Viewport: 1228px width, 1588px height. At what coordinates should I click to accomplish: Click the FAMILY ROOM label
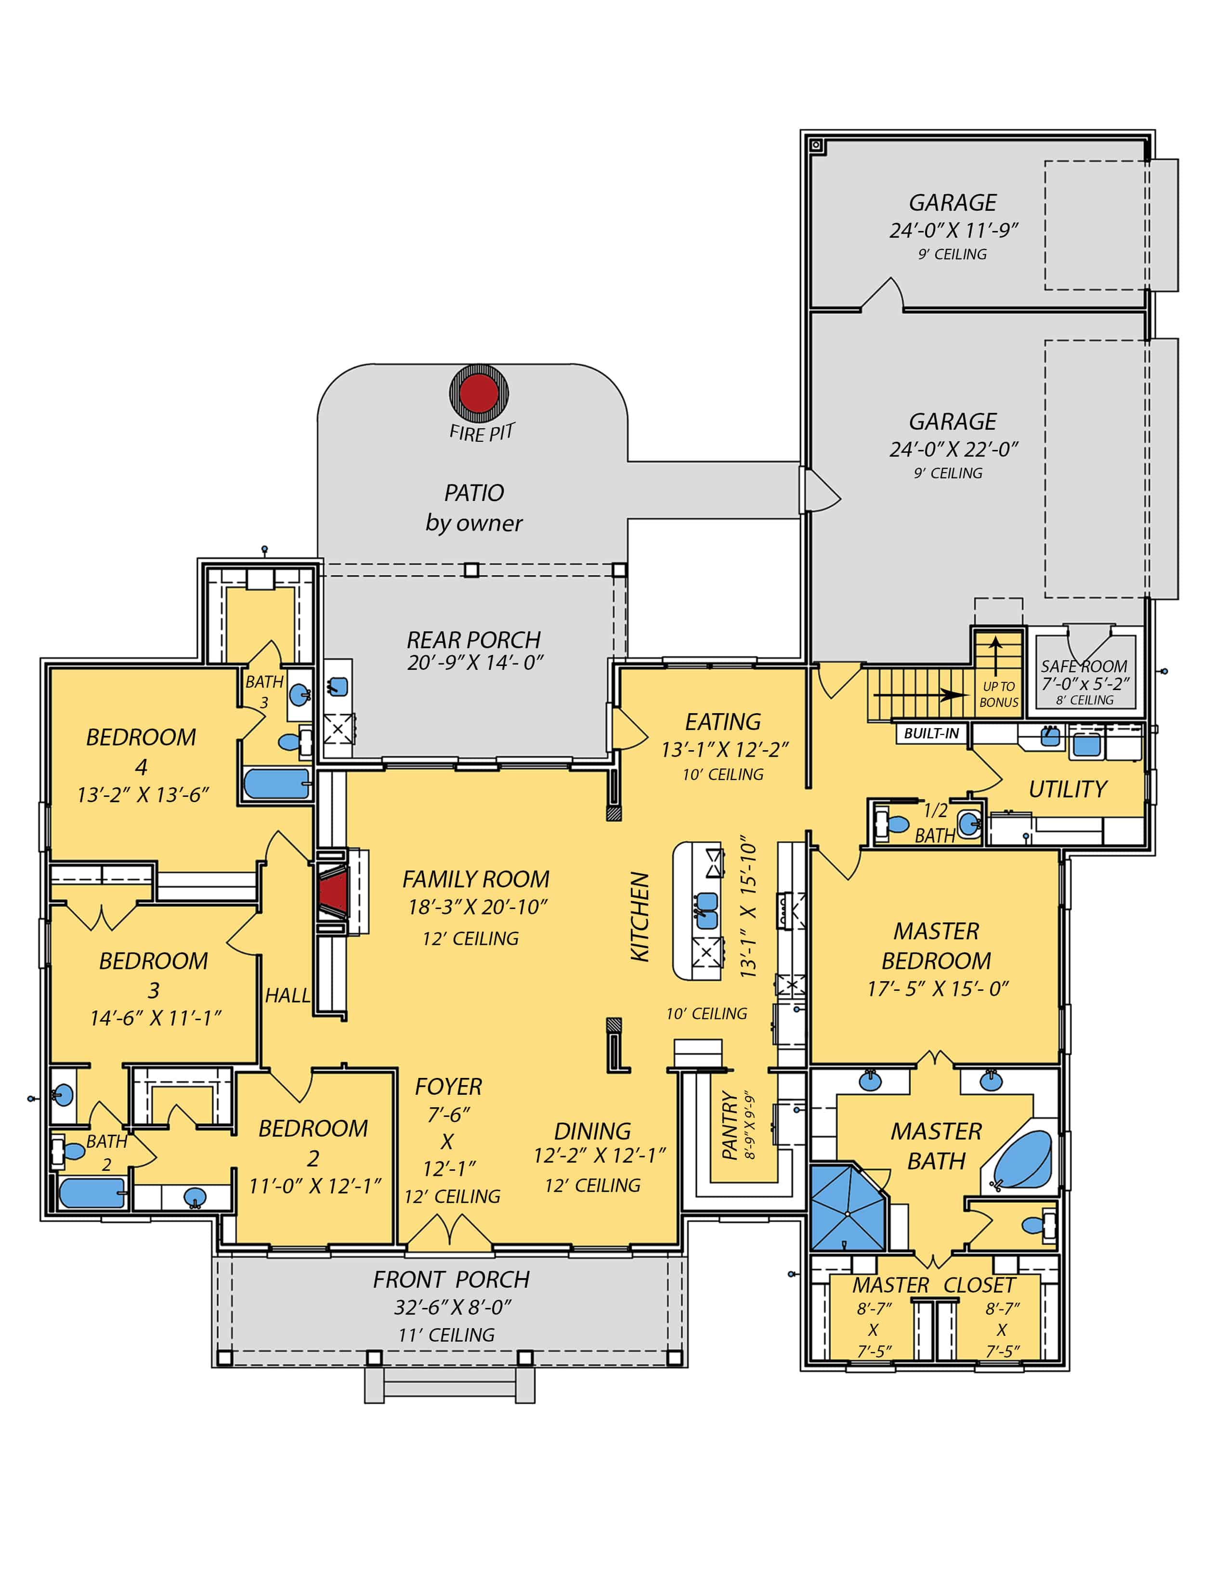(476, 879)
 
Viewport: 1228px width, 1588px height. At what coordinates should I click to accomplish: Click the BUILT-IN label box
(931, 733)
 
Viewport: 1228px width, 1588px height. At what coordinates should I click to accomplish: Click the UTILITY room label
(1067, 789)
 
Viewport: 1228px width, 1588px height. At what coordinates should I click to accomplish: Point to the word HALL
(287, 996)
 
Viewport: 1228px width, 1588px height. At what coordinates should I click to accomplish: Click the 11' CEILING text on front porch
(446, 1335)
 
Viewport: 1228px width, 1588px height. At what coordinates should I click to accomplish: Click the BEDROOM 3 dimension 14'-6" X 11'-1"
(155, 1018)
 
